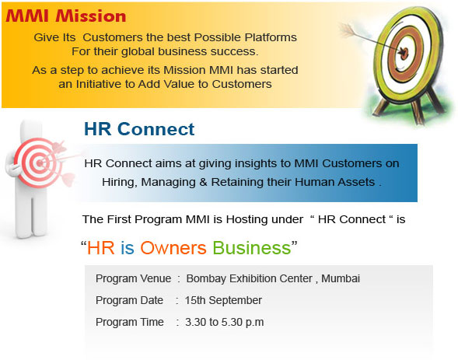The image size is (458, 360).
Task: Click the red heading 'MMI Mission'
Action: [x=66, y=16]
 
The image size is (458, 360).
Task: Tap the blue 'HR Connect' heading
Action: [x=139, y=129]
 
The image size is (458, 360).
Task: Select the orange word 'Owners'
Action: [x=173, y=248]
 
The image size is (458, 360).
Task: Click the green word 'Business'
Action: [x=252, y=248]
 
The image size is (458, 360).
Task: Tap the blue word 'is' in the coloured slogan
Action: [x=128, y=248]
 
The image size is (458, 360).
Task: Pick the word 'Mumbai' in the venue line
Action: [x=341, y=278]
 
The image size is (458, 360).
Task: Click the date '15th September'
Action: [x=223, y=300]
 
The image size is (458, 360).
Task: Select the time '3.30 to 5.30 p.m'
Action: [x=224, y=323]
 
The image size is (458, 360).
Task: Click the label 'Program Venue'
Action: [x=133, y=278]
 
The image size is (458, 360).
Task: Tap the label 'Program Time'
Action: [x=129, y=323]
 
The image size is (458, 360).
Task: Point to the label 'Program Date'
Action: [x=129, y=300]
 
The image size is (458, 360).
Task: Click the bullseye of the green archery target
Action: [x=404, y=53]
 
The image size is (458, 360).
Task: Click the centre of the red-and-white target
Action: [x=39, y=163]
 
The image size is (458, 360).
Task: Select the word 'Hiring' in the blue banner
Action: [x=119, y=182]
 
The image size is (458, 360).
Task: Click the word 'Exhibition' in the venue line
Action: [x=271, y=278]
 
